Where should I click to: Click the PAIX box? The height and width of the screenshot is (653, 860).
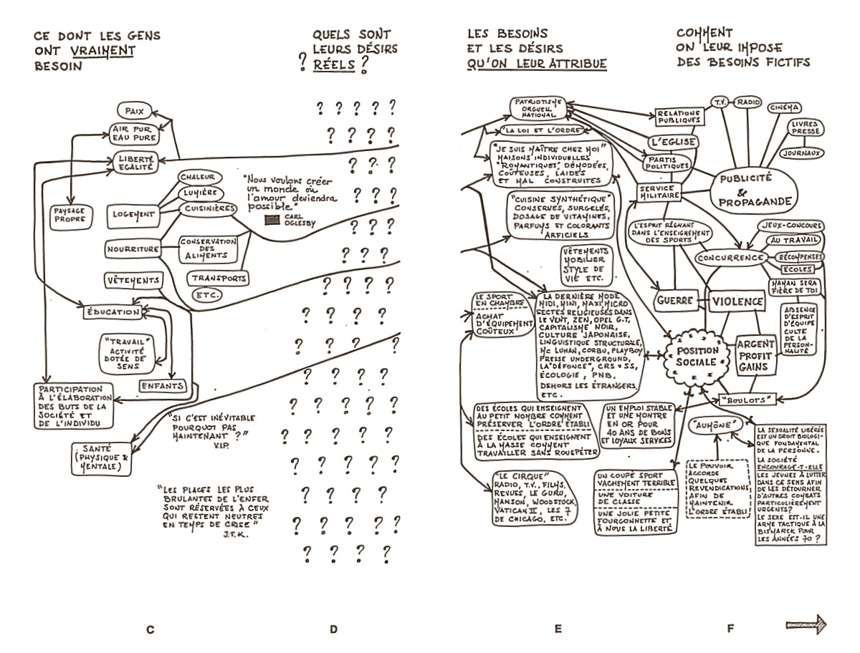tap(134, 111)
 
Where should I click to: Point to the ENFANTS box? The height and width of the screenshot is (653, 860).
tap(162, 386)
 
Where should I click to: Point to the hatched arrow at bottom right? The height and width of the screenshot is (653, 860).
tap(806, 624)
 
